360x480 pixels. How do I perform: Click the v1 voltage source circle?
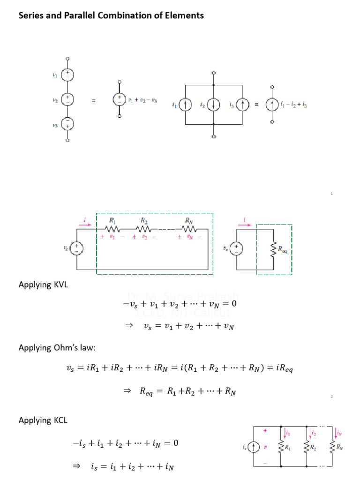click(68, 75)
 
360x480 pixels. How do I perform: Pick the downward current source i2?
click(214, 105)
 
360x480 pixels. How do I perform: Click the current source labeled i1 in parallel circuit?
click(186, 105)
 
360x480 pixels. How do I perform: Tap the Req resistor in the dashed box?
click(273, 249)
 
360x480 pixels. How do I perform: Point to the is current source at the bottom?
click(254, 448)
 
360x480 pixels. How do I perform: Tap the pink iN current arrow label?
click(339, 435)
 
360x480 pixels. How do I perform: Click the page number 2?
click(331, 397)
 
